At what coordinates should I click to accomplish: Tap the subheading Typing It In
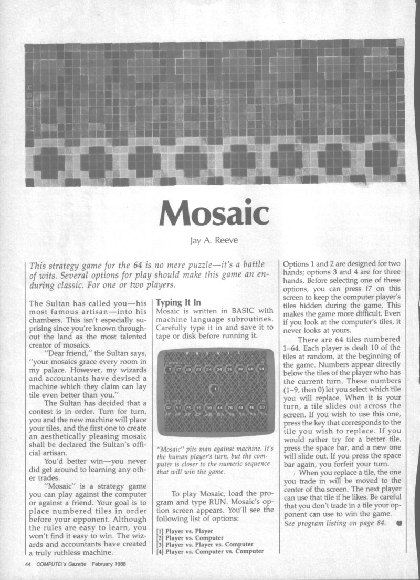[x=178, y=303]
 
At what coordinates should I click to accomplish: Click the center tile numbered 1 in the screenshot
[x=216, y=390]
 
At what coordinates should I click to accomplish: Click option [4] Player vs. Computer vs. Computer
[x=209, y=552]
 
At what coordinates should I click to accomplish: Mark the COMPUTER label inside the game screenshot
[x=177, y=362]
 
